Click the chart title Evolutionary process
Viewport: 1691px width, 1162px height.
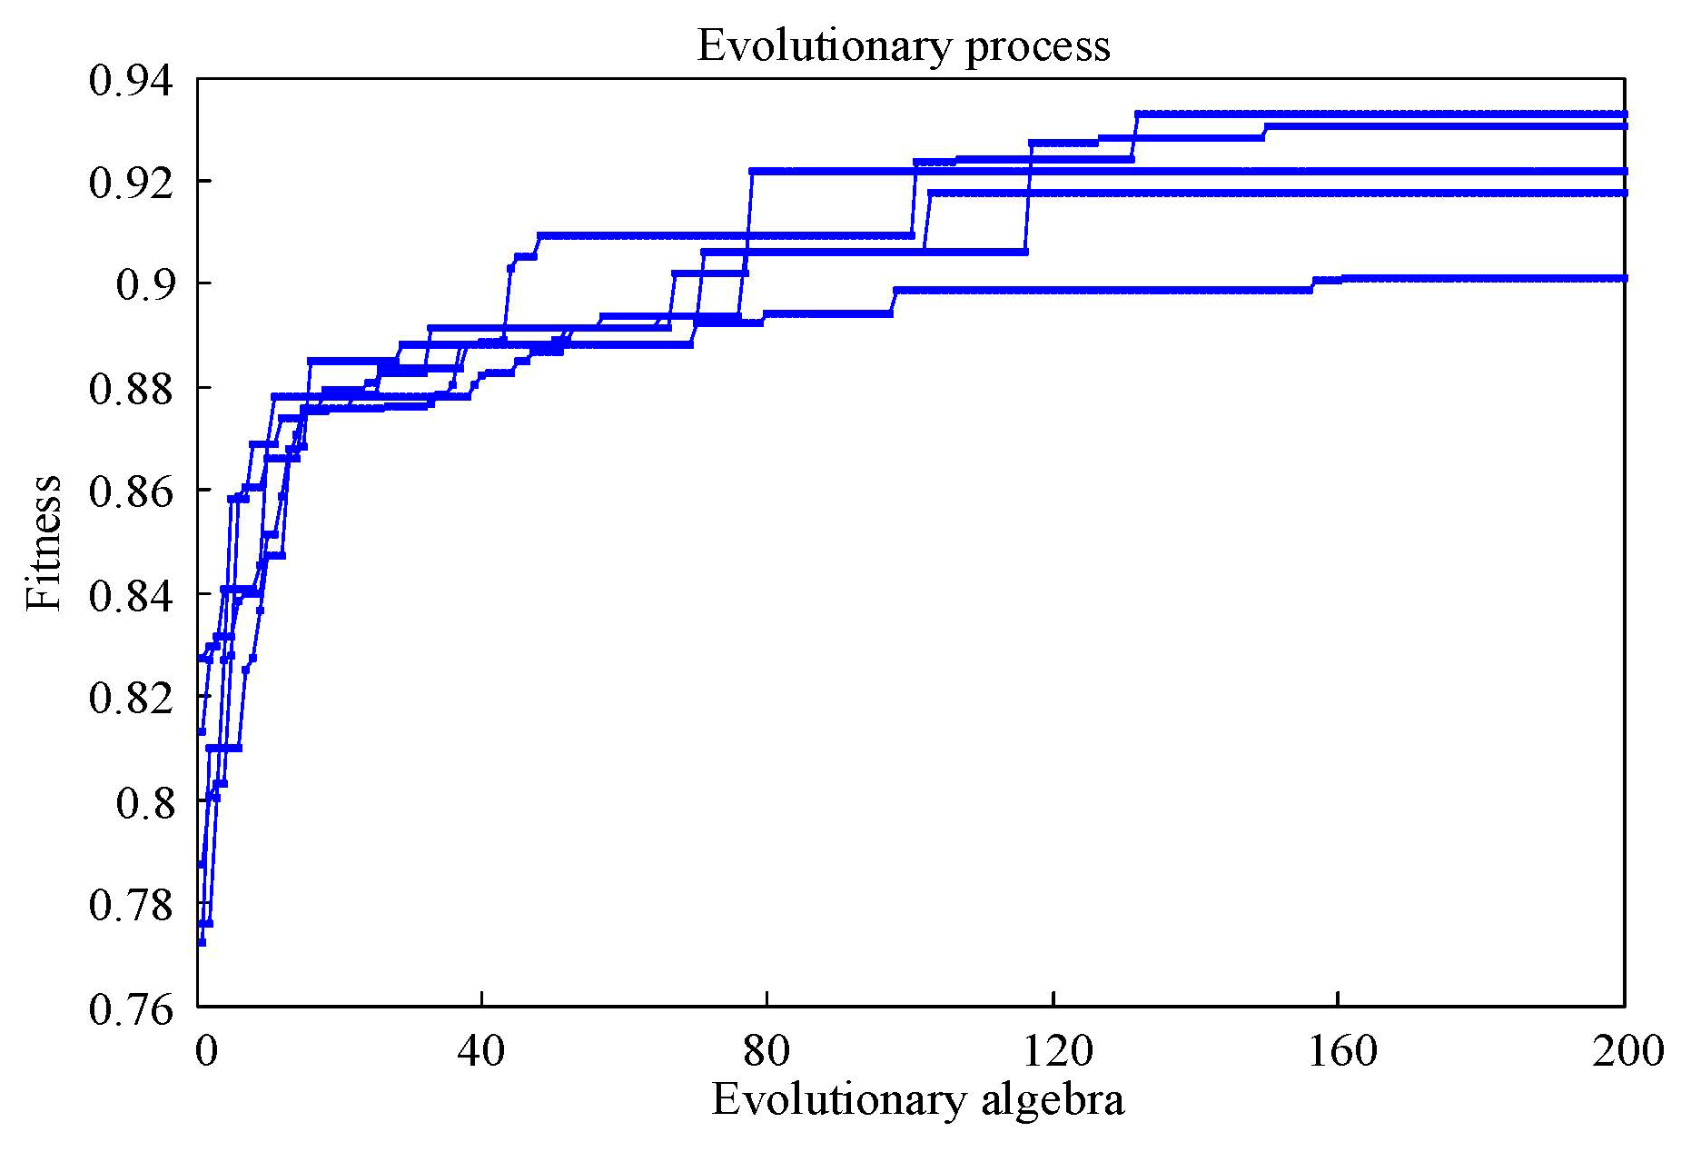point(903,45)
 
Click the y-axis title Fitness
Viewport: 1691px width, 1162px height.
point(44,543)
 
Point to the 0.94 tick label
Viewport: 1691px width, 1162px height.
point(129,80)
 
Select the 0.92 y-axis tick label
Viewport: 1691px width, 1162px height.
point(129,183)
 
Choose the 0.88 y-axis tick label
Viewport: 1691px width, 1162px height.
point(129,389)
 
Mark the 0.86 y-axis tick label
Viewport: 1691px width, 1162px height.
point(129,492)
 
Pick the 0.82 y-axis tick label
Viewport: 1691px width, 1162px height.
point(129,698)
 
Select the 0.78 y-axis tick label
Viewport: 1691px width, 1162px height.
point(129,904)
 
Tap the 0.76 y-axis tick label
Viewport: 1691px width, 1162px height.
point(129,1008)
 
